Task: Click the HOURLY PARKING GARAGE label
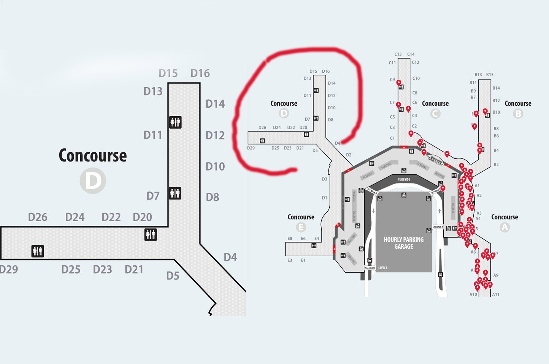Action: [403, 243]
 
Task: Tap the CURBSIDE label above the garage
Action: [404, 179]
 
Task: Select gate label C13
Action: [398, 54]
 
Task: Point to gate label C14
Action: [411, 54]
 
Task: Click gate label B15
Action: [490, 75]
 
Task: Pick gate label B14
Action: [496, 88]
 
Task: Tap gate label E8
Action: [290, 239]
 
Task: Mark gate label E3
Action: [290, 260]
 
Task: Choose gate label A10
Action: [473, 294]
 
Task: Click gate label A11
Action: [496, 294]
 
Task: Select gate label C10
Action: [416, 78]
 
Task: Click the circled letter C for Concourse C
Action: [435, 113]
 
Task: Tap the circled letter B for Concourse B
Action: [518, 113]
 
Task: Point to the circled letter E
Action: [301, 227]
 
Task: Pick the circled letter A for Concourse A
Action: [505, 227]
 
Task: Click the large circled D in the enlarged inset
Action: [93, 181]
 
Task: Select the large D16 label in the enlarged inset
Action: [200, 73]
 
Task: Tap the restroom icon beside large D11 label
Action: [175, 122]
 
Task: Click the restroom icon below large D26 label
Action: [38, 251]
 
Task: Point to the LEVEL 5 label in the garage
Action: [383, 268]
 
